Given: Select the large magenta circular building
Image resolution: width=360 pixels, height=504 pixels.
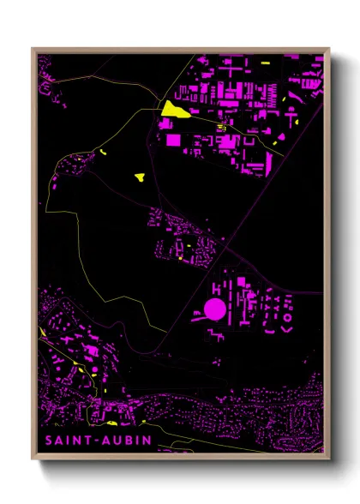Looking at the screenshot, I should pyautogui.click(x=214, y=308).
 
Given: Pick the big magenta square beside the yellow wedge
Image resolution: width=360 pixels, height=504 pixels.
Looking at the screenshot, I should pyautogui.click(x=173, y=138).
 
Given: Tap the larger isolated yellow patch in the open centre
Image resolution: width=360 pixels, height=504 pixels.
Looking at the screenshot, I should pyautogui.click(x=140, y=177).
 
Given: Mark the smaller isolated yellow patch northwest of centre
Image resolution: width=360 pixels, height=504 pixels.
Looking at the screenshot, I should pyautogui.click(x=103, y=153).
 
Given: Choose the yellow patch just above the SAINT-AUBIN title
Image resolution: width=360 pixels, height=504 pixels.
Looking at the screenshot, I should pyautogui.click(x=111, y=423).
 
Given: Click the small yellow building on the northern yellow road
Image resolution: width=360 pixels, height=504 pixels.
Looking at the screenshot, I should pyautogui.click(x=220, y=129).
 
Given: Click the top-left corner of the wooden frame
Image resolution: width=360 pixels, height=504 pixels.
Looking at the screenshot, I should pyautogui.click(x=33, y=49).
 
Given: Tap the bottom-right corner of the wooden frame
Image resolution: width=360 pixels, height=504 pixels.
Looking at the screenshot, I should pyautogui.click(x=328, y=454).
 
